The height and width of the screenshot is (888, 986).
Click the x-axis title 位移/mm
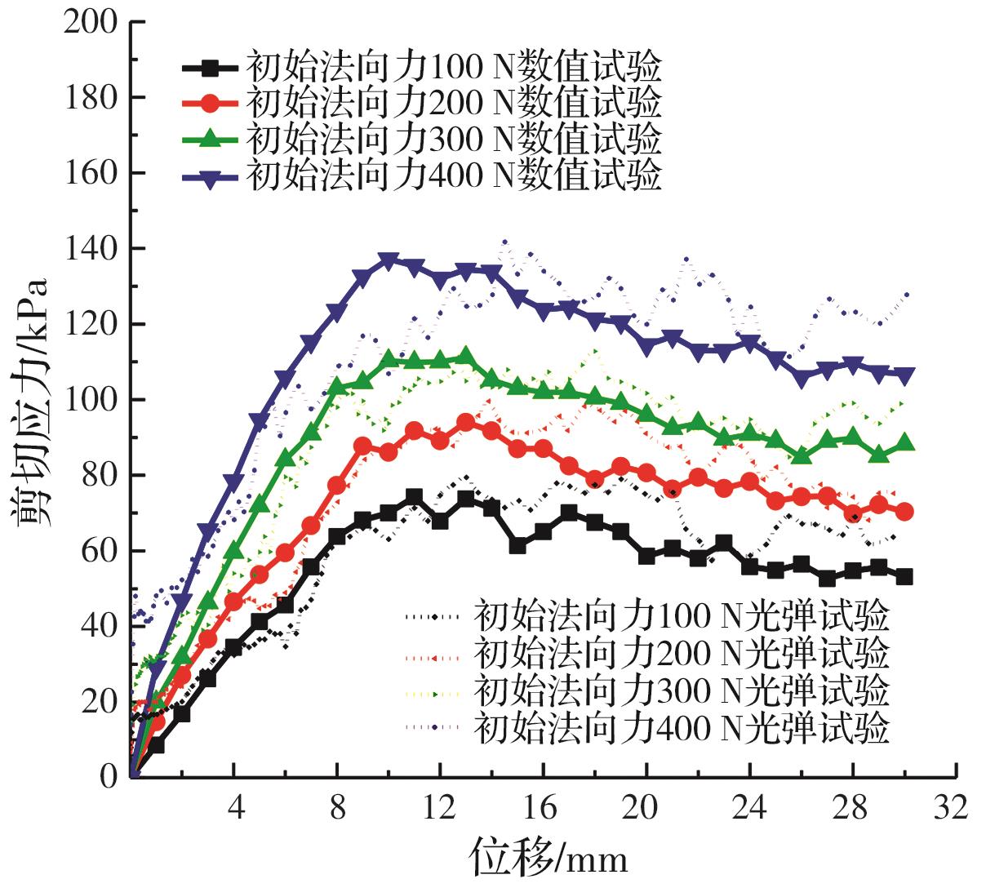point(548,859)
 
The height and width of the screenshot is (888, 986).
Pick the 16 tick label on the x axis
point(543,807)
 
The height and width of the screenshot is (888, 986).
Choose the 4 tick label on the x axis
point(235,807)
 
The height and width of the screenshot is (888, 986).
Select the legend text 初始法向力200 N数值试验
point(453,103)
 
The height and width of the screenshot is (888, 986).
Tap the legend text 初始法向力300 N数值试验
point(453,139)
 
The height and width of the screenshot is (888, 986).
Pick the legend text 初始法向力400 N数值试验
point(453,175)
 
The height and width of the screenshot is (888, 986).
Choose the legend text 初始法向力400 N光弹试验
point(681,727)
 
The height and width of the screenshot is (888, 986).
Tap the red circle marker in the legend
point(211,103)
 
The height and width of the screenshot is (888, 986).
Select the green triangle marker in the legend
point(211,139)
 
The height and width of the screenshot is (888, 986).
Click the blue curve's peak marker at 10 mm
point(389,260)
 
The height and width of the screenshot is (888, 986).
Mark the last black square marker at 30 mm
point(904,576)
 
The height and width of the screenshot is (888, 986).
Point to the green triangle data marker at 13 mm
point(465,357)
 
